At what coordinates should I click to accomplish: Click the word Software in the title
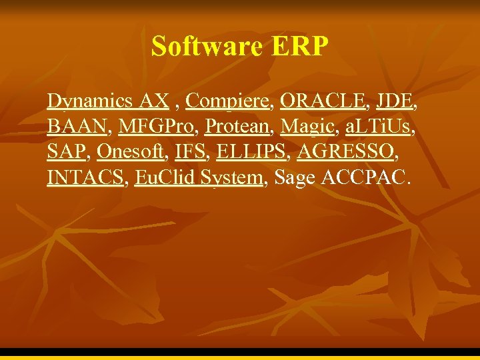(208, 47)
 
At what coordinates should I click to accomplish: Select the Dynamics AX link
(108, 101)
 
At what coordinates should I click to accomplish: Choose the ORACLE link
(323, 101)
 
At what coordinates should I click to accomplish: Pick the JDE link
(395, 101)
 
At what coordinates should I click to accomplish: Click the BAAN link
(77, 127)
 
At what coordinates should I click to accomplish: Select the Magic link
(307, 127)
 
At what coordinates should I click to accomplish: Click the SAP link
(67, 152)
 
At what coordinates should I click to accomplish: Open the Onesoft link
(130, 152)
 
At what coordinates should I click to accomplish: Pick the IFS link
(190, 152)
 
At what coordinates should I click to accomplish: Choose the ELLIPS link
(251, 152)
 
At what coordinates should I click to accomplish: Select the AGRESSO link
(345, 152)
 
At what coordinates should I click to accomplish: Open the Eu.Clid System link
(199, 178)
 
